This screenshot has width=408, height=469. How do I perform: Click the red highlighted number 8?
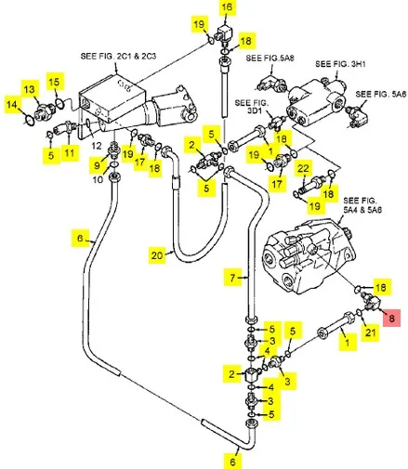tap(391, 318)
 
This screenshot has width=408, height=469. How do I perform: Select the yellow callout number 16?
tap(227, 7)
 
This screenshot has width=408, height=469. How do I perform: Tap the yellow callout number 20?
tap(157, 255)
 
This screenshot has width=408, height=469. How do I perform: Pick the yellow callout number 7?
tap(232, 278)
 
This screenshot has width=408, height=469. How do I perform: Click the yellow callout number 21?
tap(371, 332)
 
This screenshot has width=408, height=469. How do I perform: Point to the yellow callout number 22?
tap(303, 168)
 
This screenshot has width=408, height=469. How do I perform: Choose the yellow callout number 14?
tap(12, 104)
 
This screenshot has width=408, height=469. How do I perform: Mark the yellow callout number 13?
tap(30, 89)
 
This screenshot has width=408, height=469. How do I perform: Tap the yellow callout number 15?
tap(55, 82)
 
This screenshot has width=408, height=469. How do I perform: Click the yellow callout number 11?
tap(70, 152)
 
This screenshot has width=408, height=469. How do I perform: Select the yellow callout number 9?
tap(97, 164)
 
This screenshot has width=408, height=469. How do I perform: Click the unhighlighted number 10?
tap(98, 179)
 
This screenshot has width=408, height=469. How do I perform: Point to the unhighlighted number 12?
tap(97, 145)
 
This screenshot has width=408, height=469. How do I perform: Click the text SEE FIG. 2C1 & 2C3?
tap(118, 56)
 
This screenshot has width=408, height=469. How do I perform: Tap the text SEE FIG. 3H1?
tap(340, 64)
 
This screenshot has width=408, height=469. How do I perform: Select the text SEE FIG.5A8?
tap(270, 58)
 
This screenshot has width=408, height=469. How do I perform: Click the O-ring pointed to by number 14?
tap(30, 120)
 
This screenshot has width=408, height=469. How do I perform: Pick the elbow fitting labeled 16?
tap(224, 34)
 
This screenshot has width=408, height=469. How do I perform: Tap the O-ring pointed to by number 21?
tap(359, 312)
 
